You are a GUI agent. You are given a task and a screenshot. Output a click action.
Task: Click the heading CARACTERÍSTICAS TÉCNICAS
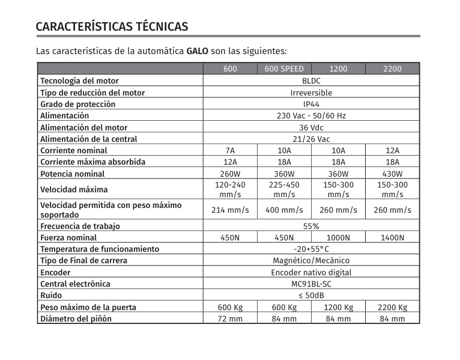pos(112,27)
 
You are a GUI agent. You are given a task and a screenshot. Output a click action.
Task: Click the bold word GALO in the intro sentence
pos(198,50)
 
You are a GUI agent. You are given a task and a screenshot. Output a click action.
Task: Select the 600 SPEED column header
pos(284,69)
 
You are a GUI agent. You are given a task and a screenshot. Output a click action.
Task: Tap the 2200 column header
pos(392,69)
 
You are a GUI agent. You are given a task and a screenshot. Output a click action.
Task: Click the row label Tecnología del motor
pos(79,81)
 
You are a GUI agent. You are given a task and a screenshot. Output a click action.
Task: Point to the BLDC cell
pos(311,81)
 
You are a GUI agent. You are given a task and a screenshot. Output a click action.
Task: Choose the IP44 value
pos(311,104)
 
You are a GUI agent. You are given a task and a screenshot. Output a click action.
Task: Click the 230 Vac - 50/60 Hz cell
pos(311,115)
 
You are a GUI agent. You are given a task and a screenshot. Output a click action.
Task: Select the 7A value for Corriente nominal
pos(230,150)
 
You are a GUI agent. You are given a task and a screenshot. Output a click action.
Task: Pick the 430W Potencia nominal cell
pos(392,174)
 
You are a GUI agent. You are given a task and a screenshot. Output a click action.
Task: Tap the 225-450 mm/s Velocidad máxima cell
pos(284,190)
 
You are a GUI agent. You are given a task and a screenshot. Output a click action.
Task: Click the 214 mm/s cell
pos(230,210)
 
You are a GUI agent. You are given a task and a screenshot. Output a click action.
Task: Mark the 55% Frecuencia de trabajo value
pos(311,226)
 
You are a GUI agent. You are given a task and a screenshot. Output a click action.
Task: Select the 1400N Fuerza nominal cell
pos(392,237)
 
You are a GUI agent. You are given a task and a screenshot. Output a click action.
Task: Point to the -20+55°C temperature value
pos(311,249)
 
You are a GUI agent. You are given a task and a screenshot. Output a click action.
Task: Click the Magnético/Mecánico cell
pos(311,261)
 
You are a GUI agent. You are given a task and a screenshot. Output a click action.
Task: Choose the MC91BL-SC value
pos(311,284)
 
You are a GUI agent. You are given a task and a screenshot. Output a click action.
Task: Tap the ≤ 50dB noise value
pos(311,295)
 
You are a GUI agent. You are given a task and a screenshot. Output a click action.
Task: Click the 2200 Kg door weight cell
pos(392,307)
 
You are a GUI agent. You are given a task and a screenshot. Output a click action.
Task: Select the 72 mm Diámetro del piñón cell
pos(230,319)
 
